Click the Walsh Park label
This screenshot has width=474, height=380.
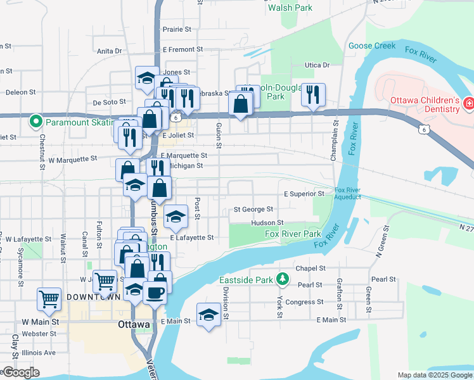[x=290, y=8]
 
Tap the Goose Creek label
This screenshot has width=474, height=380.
[x=372, y=46]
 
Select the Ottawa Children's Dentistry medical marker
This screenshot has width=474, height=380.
[x=468, y=103]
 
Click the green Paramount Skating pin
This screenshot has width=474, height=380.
[x=36, y=119]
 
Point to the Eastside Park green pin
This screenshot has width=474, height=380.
[x=283, y=279]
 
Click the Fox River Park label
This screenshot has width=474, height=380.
[x=293, y=234]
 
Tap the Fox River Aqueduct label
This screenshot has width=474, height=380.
[x=347, y=193]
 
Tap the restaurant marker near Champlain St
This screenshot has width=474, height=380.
[x=313, y=95]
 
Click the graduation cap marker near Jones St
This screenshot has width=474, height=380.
[x=146, y=79]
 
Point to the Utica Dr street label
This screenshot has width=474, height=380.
[x=317, y=65]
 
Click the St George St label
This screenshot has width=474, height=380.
[x=253, y=209]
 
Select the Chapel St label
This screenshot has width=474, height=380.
[x=310, y=269]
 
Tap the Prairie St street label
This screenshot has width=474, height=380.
[x=177, y=29]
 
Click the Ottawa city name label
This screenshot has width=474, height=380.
[x=134, y=324]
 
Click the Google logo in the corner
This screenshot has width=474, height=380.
[x=20, y=372]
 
